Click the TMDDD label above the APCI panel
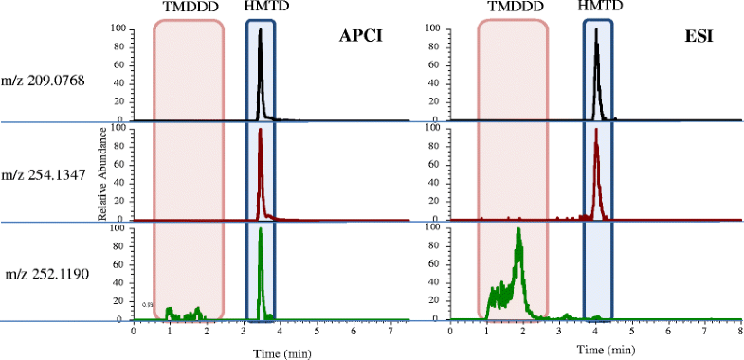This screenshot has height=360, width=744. (188, 8)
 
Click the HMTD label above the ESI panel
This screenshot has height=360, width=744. (597, 8)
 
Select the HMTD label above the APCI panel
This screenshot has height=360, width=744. (261, 8)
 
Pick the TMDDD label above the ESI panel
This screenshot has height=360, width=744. (513, 8)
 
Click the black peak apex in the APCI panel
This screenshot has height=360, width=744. (261, 29)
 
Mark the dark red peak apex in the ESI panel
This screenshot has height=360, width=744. (596, 129)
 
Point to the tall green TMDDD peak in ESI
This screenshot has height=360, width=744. (518, 229)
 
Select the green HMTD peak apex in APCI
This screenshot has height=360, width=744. (261, 228)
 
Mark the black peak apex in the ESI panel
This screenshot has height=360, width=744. (595, 29)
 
